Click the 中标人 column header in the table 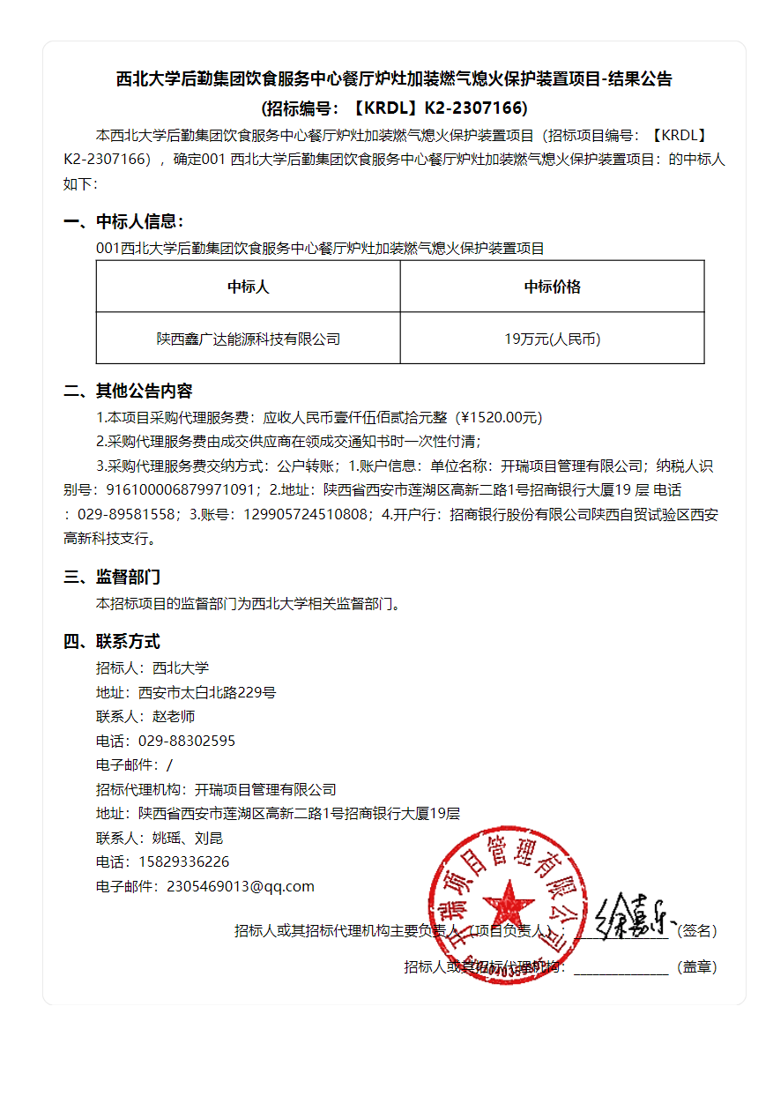[x=248, y=287]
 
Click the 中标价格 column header [x=552, y=287]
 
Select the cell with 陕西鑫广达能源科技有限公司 [x=248, y=339]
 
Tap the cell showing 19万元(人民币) [x=552, y=339]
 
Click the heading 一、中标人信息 [x=124, y=221]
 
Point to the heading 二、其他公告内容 [x=128, y=391]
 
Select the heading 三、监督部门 [x=112, y=578]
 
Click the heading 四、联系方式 [x=112, y=641]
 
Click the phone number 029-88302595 [x=187, y=741]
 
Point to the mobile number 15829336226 [x=184, y=861]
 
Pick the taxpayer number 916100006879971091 [x=182, y=489]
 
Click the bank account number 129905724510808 [x=307, y=514]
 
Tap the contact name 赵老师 [x=174, y=717]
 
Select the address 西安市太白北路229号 [x=207, y=692]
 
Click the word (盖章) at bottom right [x=696, y=966]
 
